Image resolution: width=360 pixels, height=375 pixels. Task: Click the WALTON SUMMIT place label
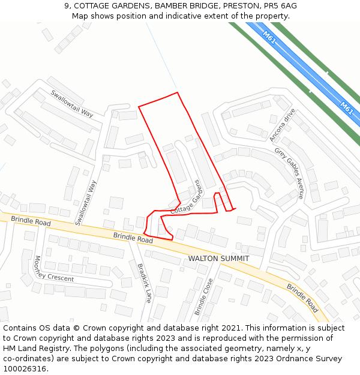pos(219,259)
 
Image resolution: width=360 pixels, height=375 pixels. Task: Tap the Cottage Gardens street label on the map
pos(185,197)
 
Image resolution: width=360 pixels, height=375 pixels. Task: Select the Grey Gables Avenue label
pos(289,173)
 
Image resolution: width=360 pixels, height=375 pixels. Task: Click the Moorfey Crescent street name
pos(54,270)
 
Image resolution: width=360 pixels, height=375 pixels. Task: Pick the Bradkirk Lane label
pos(145,283)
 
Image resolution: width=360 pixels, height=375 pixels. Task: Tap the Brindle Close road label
pos(203,296)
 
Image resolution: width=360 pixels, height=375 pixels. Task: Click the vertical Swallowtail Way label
pos(86,203)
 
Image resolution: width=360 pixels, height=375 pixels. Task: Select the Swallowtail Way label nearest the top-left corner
pos(72,103)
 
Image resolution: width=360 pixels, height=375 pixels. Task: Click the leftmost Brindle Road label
pos(31,221)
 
